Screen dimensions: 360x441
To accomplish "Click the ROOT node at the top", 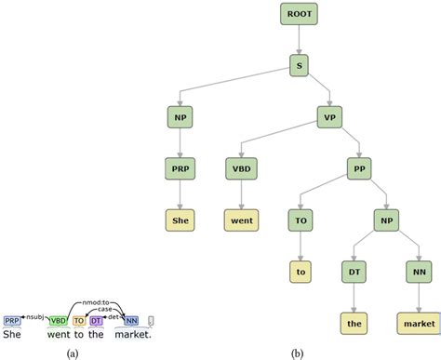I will pyautogui.click(x=299, y=14).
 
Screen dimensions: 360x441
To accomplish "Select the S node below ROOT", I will pyautogui.click(x=299, y=66).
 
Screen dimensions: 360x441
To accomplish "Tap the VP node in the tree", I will pyautogui.click(x=329, y=117).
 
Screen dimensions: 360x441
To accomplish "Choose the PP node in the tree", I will pyautogui.click(x=359, y=168).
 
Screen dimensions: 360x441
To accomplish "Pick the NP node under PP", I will pyautogui.click(x=388, y=220).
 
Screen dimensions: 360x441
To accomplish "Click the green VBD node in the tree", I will pyautogui.click(x=240, y=168).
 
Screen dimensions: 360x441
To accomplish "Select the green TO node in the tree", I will pyautogui.click(x=300, y=220).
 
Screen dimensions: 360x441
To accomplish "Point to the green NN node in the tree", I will pyautogui.click(x=419, y=272).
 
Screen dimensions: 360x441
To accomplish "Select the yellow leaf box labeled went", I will pyautogui.click(x=240, y=220).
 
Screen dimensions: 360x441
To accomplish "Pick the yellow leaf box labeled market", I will pyautogui.click(x=419, y=323).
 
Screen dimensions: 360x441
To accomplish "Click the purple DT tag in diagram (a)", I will pyautogui.click(x=96, y=321).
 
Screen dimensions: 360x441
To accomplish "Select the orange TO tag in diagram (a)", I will pyautogui.click(x=78, y=321).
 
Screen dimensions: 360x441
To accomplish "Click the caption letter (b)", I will pyautogui.click(x=297, y=353).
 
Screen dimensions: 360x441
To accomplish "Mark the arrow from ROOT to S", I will pyautogui.click(x=299, y=40).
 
